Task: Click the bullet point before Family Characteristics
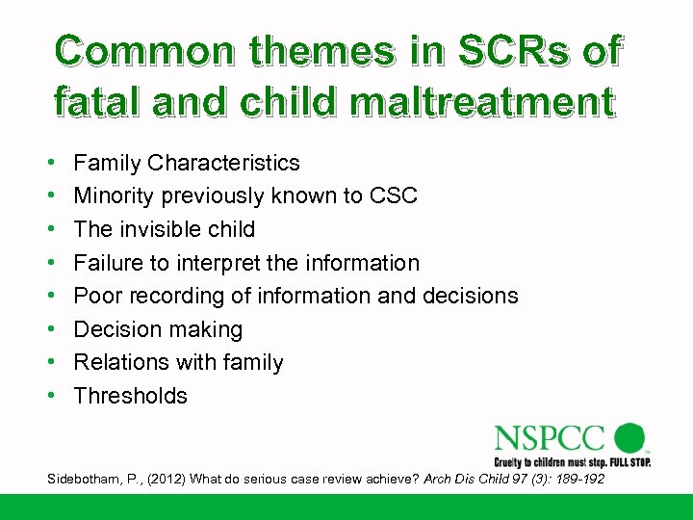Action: pos(49,164)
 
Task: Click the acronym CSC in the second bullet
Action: pos(394,196)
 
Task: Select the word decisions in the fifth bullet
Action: pos(469,296)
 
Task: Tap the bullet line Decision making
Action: pos(158,329)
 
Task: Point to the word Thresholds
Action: pos(130,396)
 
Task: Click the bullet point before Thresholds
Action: pos(49,396)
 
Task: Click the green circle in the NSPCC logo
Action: pos(629,437)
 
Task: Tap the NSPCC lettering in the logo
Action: pos(552,439)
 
